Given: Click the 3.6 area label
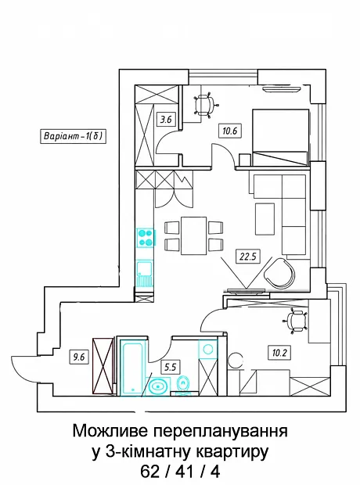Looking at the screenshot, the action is click(x=166, y=119).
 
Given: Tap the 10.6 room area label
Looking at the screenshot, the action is click(x=229, y=131).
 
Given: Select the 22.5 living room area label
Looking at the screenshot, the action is click(x=248, y=257).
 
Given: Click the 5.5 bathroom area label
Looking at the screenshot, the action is click(x=171, y=367).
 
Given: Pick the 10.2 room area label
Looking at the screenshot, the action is click(x=279, y=353).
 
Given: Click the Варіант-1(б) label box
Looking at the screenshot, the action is click(x=73, y=136).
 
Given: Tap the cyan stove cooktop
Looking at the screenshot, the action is click(x=146, y=238).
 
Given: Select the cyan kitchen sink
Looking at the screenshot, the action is click(x=145, y=274).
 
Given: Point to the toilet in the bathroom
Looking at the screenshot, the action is click(x=182, y=386).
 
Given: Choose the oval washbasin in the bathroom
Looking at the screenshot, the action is click(x=158, y=386).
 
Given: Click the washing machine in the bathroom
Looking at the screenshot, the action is click(x=207, y=349).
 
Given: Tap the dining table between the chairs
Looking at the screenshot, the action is click(x=194, y=235).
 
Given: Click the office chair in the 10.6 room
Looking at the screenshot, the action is click(x=205, y=104).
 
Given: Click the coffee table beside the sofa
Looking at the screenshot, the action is click(x=265, y=219).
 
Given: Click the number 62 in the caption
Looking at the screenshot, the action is click(x=150, y=472).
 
